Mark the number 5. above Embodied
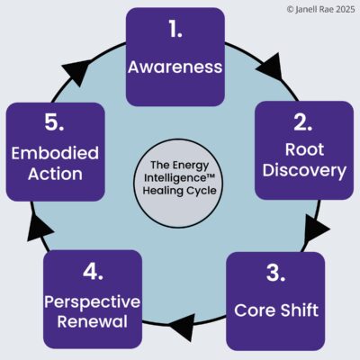(54, 120)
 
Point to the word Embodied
(54, 153)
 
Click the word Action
(54, 174)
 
